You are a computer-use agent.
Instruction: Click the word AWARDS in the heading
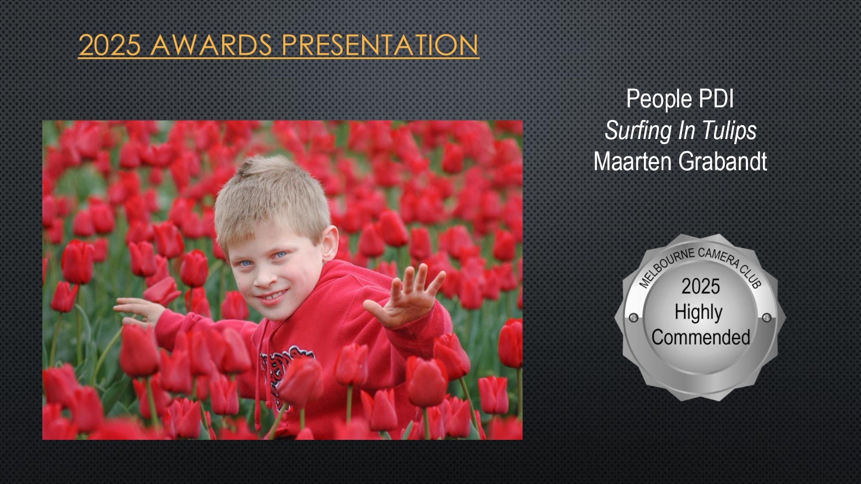pos(211,45)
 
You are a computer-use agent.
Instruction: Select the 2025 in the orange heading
pos(109,45)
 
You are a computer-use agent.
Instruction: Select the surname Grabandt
pos(723,162)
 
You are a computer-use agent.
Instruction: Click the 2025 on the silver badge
pos(701,286)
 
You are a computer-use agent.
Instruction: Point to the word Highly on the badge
pos(699,313)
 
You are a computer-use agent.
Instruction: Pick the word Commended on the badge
pos(701,337)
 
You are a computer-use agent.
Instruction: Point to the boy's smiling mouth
pos(271,296)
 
